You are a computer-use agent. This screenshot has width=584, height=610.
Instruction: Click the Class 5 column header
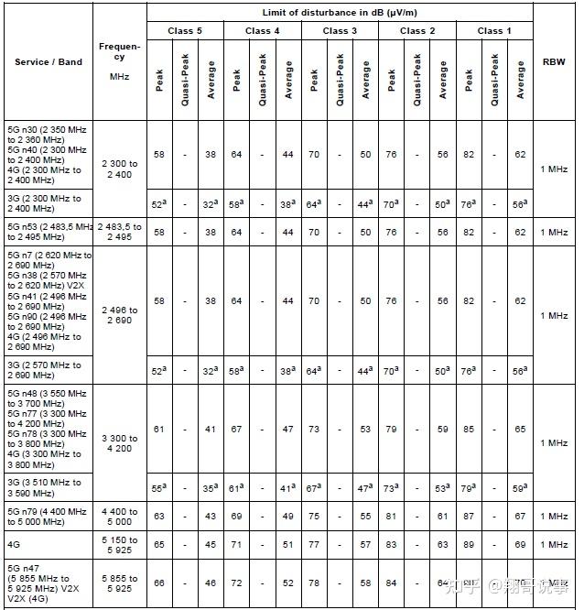[x=184, y=30]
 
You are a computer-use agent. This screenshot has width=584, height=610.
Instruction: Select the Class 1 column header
[x=494, y=30]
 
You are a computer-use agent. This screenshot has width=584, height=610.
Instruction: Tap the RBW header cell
[x=554, y=62]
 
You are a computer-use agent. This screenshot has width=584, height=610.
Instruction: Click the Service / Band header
[x=49, y=62]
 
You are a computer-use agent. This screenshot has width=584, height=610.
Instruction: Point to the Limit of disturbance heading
[x=340, y=11]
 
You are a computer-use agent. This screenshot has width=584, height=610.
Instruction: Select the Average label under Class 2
[x=443, y=77]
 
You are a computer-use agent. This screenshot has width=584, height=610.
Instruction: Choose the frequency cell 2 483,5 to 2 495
[x=120, y=232]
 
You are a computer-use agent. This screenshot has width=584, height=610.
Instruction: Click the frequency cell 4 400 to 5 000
[x=120, y=517]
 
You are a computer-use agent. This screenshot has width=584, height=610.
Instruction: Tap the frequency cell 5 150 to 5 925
[x=120, y=544]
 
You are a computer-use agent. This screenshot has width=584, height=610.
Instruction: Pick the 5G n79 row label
[x=49, y=517]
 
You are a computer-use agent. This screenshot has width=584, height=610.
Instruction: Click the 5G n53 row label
[x=49, y=232]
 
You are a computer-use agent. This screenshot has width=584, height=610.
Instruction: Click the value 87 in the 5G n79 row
[x=469, y=517]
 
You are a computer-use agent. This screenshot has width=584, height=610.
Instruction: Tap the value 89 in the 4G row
[x=469, y=544]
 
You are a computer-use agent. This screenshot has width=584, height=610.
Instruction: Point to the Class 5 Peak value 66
[x=159, y=583]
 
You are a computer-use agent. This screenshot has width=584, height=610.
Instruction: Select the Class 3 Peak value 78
[x=314, y=583]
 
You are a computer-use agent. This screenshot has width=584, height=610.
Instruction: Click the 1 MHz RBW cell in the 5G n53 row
[x=554, y=232]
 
